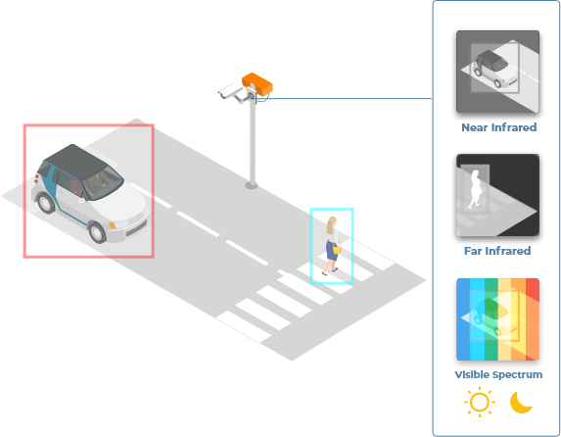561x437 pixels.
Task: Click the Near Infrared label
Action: point(498,127)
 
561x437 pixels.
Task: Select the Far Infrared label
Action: point(497,251)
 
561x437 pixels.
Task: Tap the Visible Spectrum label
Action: point(498,374)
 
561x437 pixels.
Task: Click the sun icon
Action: point(480,402)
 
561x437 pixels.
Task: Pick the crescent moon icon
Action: point(521,402)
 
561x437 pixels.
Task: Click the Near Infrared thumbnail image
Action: point(497,72)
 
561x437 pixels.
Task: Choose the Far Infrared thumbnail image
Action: point(497,195)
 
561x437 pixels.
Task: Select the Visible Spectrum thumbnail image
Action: point(497,319)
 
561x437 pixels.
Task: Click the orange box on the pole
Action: point(257,84)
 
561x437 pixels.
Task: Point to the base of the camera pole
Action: point(252,185)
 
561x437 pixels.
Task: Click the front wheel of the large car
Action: point(97,232)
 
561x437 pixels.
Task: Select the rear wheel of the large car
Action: point(46,203)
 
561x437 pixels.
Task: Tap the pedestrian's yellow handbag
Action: point(337,250)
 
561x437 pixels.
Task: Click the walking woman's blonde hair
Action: point(331,225)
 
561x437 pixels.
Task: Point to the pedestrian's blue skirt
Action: point(332,251)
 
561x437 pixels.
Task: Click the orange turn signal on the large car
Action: point(113,225)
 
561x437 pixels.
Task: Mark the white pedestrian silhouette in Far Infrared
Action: point(475,189)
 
